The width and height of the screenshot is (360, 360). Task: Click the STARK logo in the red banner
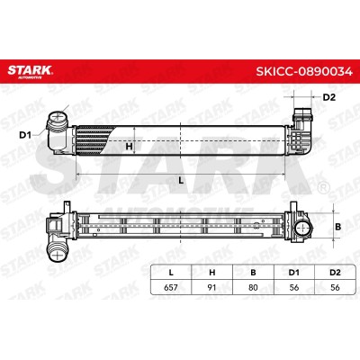tap(30, 71)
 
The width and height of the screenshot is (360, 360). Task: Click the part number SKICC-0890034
tap(304, 71)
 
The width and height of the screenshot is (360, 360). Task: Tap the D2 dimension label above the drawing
tap(328, 97)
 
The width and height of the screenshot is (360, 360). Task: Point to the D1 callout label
tap(25, 135)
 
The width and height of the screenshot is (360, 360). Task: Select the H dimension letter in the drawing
tap(129, 147)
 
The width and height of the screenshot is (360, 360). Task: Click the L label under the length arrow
tap(181, 181)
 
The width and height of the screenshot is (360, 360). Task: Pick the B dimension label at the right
tap(338, 227)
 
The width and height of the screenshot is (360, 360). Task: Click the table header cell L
tap(171, 273)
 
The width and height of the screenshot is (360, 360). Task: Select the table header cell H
tap(212, 273)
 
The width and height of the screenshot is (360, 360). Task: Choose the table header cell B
tap(253, 273)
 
